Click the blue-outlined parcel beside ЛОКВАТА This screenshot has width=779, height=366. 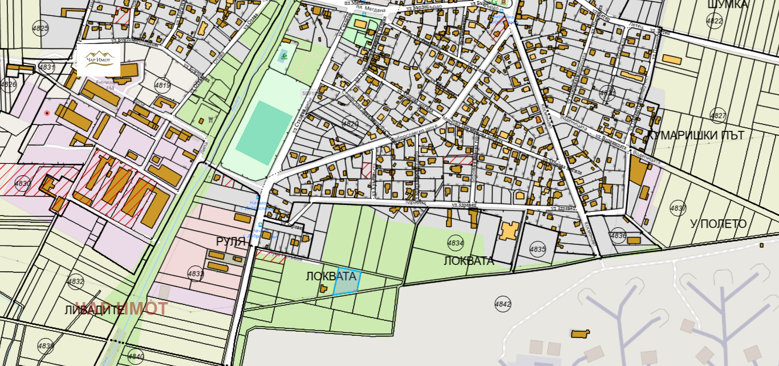click(x=346, y=281)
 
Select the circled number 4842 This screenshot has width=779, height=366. click(x=502, y=304)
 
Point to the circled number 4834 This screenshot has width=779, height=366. click(x=455, y=243)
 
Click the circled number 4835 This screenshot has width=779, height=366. click(x=537, y=249)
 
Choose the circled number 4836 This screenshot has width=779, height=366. click(x=618, y=235)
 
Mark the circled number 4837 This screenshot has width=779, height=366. click(x=677, y=208)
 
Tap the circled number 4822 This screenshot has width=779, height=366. click(x=714, y=21)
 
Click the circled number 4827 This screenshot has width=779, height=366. click(x=718, y=116)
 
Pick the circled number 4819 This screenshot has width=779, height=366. click(x=163, y=86)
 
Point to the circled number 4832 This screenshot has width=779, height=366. click(x=75, y=281)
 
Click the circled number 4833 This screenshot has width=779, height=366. click(x=195, y=274)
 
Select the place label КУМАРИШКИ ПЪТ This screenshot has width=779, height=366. click(x=695, y=135)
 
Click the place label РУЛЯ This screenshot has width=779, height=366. click(x=230, y=242)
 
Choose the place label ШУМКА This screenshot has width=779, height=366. click(x=727, y=5)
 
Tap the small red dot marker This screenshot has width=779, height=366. click(x=47, y=113)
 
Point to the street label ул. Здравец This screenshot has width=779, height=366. click(x=463, y=206)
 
